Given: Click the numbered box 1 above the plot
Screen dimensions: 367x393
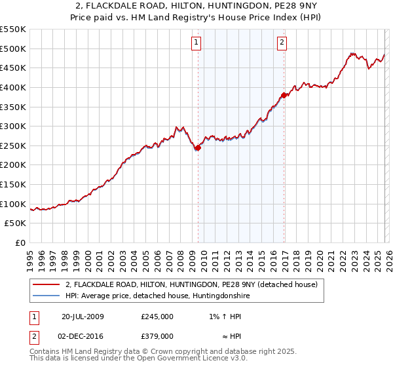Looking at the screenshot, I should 196,43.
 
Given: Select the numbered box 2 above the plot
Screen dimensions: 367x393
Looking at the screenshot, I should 282,43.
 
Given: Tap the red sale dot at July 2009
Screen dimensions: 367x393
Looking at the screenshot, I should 198,147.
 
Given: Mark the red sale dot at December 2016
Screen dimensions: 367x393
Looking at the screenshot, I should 284,95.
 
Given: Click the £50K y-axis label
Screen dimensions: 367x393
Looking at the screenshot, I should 16,223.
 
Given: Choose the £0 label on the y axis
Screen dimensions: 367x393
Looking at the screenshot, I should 21,243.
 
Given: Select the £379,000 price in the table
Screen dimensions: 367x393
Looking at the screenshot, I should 157,336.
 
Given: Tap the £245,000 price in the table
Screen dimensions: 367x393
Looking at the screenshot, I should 157,316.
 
